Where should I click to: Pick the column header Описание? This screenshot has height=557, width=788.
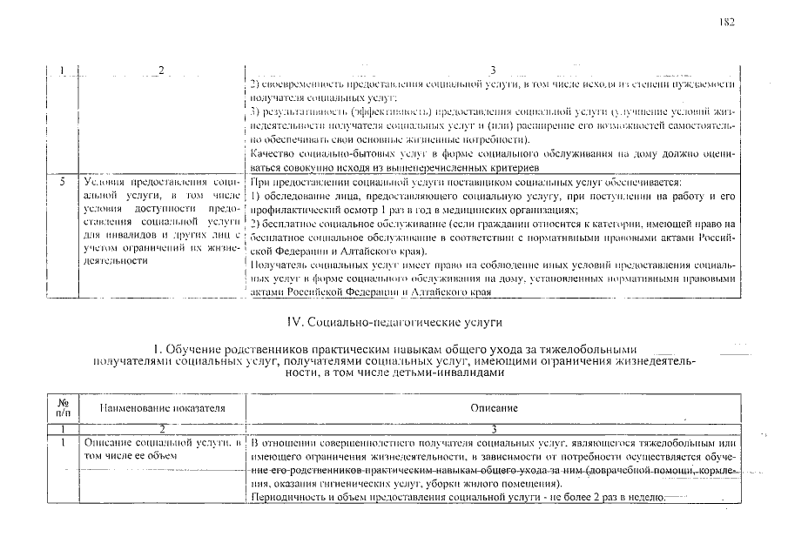tap(494, 407)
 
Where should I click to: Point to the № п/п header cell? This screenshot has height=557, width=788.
tap(63, 407)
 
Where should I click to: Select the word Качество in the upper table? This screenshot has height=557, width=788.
tap(270, 153)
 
